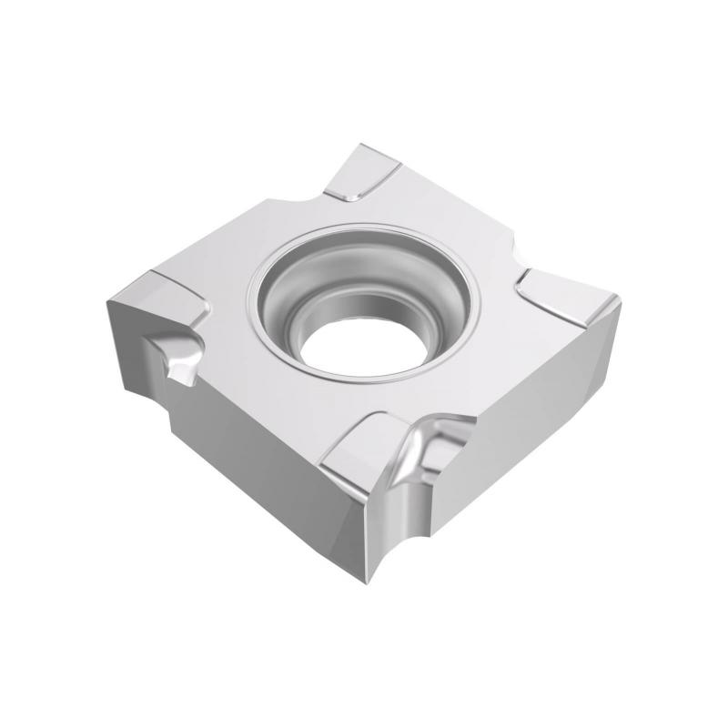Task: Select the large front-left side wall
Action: click(246, 455)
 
